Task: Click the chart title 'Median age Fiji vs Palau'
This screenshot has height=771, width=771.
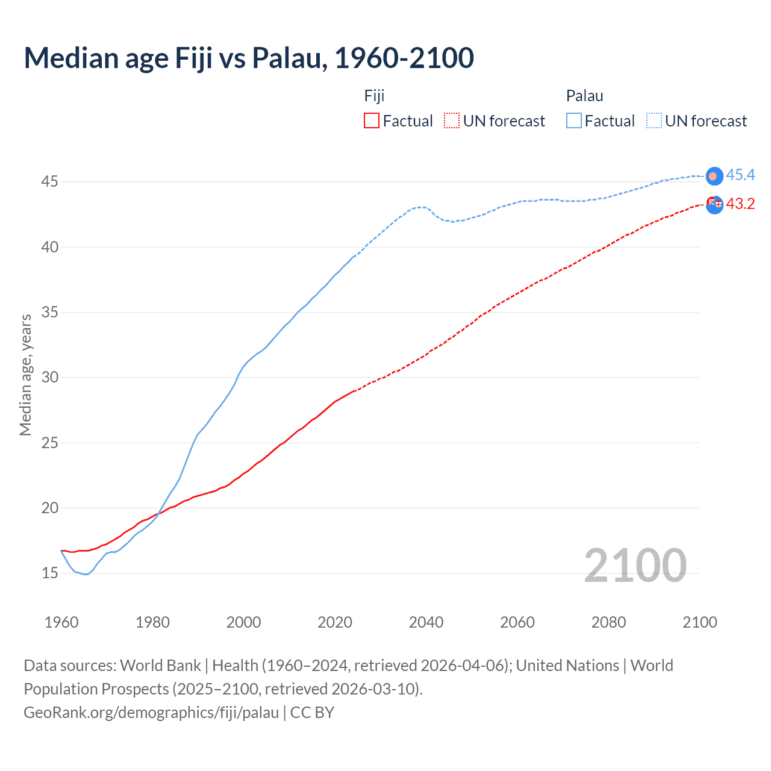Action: tap(248, 58)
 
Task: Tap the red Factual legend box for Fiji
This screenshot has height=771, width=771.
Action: tap(372, 120)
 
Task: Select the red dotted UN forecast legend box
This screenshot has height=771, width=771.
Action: tap(452, 120)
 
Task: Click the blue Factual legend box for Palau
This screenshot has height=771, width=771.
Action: tap(574, 120)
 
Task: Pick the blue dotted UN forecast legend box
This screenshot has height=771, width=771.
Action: tap(654, 120)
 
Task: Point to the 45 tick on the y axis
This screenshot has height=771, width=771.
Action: tap(49, 181)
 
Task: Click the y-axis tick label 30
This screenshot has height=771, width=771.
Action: tap(49, 378)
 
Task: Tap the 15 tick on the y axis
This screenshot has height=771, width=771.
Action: tap(49, 573)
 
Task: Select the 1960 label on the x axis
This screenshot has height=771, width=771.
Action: tap(61, 622)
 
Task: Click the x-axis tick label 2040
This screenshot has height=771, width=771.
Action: tap(426, 622)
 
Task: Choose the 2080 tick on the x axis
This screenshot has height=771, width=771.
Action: tap(608, 622)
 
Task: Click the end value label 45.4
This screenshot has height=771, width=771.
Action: tap(740, 175)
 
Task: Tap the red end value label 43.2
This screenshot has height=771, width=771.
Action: tap(740, 204)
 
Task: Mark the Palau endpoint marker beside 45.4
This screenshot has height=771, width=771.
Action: tap(714, 176)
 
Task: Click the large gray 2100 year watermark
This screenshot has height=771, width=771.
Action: tap(635, 565)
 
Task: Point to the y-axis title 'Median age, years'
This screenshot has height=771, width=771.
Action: tap(25, 375)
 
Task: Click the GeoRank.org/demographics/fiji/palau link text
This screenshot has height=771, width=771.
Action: tap(151, 712)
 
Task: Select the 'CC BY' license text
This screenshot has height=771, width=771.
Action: tap(312, 712)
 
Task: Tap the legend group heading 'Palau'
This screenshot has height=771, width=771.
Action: tap(584, 96)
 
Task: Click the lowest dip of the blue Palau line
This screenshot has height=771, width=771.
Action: tap(87, 574)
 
